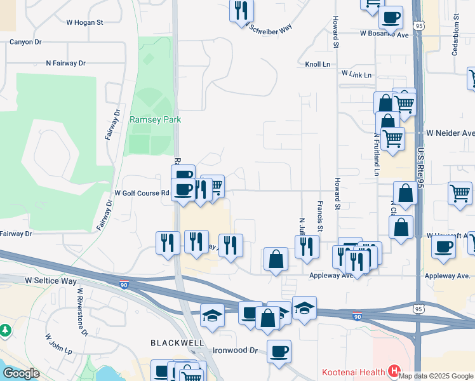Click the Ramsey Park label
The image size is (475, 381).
[155, 119]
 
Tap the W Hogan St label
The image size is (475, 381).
[84, 22]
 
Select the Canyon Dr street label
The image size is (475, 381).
[25, 42]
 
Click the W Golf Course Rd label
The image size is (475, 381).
[142, 193]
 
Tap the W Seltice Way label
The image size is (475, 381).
[51, 280]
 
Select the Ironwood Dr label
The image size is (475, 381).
[234, 351]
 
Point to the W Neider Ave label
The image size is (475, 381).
[450, 133]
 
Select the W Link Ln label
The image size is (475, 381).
[356, 74]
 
